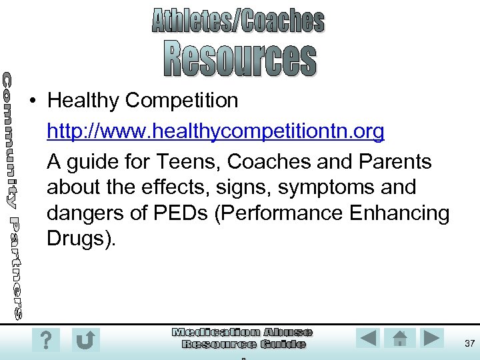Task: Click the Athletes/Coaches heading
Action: [238, 21]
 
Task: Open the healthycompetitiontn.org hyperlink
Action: [215, 132]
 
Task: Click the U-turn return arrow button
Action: [85, 340]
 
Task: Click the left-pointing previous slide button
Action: [367, 338]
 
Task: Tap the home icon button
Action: [400, 338]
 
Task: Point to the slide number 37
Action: [469, 343]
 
